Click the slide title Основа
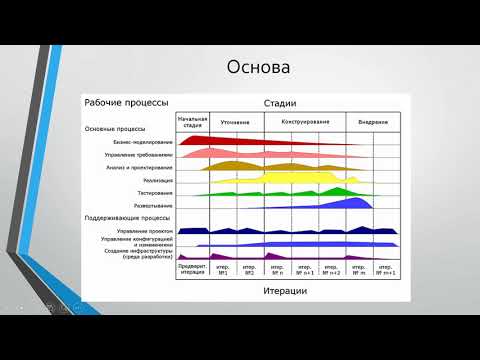[258, 69]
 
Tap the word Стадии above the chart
[281, 103]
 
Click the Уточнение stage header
[235, 122]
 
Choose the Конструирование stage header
[298, 122]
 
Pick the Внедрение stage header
[373, 122]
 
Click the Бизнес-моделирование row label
[142, 141]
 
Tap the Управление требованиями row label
[138, 154]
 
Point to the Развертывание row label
[150, 203]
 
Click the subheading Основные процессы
[115, 128]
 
